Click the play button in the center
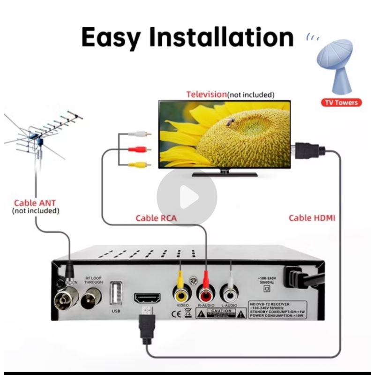187,198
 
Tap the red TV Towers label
341,102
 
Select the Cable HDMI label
312,217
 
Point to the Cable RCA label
156,217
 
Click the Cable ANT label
35,203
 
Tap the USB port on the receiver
115,292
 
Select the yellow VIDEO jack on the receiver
181,293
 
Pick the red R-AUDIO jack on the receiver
206,293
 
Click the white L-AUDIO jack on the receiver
230,293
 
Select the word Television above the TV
206,94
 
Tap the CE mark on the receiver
172,314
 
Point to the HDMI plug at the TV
309,150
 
